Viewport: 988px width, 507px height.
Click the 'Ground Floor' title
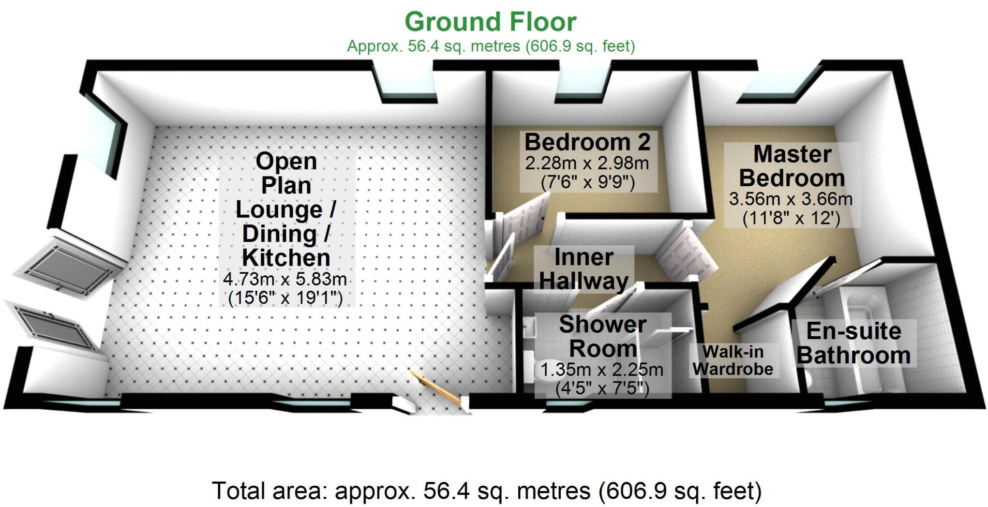[x=490, y=22]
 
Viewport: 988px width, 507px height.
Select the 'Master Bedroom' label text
[x=792, y=166]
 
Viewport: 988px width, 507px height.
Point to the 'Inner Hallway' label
[x=584, y=268]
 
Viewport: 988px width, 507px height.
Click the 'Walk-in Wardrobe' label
[x=733, y=360]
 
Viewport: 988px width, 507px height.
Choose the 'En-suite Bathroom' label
[x=853, y=343]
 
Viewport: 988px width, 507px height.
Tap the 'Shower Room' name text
[x=602, y=336]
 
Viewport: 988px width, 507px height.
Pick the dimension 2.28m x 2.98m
[x=587, y=163]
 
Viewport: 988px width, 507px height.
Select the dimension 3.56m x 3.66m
[x=791, y=199]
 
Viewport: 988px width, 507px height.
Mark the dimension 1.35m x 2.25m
[x=601, y=370]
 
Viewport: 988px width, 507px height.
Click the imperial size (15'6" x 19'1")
[x=285, y=298]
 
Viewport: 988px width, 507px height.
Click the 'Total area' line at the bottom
[x=486, y=491]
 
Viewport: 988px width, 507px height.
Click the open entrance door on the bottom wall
[x=435, y=387]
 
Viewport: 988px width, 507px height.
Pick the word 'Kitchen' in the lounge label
[x=286, y=257]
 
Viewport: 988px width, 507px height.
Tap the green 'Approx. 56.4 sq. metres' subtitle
[x=491, y=46]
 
